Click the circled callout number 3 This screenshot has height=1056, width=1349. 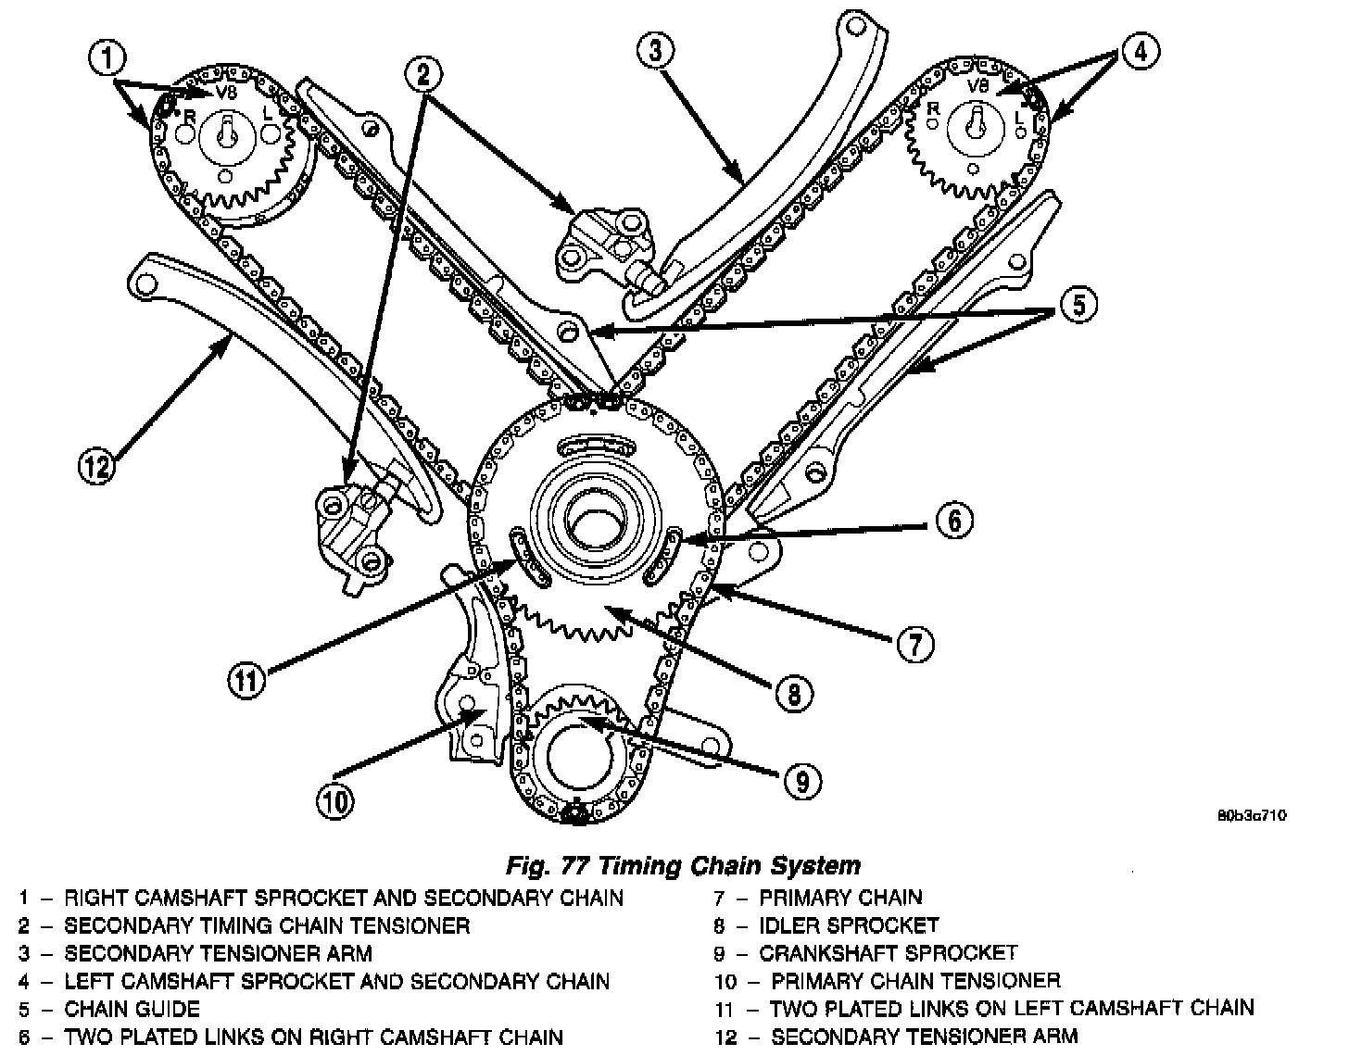pos(655,51)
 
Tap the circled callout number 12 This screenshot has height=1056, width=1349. pos(97,465)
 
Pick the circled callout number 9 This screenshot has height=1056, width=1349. pos(801,781)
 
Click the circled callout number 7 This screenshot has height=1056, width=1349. pos(914,645)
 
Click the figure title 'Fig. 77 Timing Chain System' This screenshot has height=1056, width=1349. pos(683,866)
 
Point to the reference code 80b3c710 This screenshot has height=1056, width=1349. pos(1252,816)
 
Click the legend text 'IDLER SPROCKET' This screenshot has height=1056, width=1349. pos(849,925)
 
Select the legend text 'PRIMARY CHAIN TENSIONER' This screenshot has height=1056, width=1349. pos(915,980)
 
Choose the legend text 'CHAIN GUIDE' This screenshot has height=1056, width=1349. pos(132,1009)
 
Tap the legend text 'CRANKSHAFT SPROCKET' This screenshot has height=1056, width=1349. pos(888,953)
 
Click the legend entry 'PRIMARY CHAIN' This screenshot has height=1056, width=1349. pos(840,898)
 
